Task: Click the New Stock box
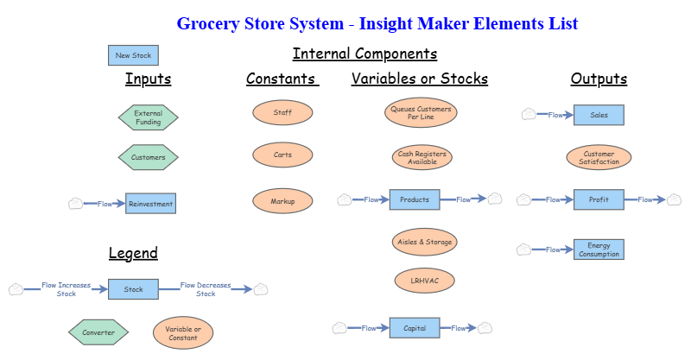(133, 55)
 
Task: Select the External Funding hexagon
(148, 117)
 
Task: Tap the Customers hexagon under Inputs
(148, 158)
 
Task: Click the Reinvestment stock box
(150, 204)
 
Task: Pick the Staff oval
(282, 112)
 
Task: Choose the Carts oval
(282, 155)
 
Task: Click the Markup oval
(282, 201)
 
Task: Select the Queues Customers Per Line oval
(421, 113)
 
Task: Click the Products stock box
(415, 199)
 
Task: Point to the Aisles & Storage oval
(423, 242)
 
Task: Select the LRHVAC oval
(424, 281)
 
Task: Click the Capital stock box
(415, 328)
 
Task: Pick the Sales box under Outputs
(599, 115)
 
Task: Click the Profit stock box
(599, 199)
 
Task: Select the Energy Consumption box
(599, 249)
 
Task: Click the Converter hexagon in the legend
(98, 332)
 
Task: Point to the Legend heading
(133, 253)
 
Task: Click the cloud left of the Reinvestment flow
(76, 204)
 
